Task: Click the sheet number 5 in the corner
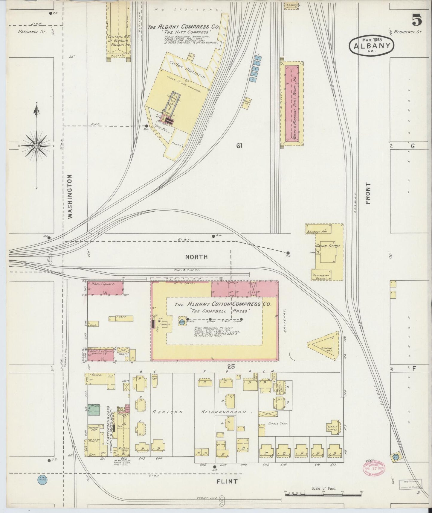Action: [417, 20]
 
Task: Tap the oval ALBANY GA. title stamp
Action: [372, 46]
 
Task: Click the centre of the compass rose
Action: [36, 146]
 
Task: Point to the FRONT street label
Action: [368, 193]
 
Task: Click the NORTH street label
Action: [196, 257]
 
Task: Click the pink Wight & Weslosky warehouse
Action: [292, 103]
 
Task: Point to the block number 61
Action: [239, 146]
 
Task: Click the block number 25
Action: [231, 367]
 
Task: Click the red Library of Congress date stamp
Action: [374, 467]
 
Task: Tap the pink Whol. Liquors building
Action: [105, 287]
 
